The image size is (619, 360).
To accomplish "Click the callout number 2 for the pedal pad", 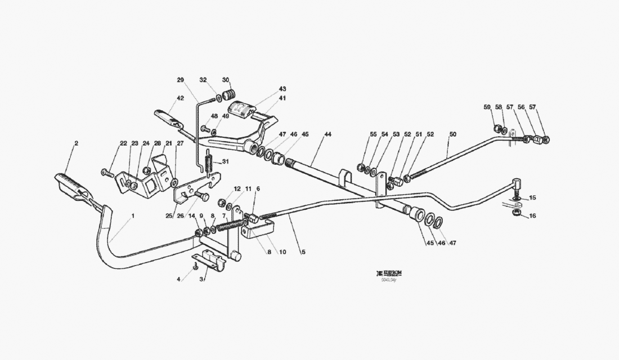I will [x=76, y=143].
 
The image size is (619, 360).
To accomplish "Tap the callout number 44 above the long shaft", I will [x=328, y=135].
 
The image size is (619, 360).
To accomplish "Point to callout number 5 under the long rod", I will [x=303, y=252].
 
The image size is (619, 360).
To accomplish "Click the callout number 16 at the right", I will [x=532, y=216].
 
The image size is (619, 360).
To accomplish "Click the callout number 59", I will [x=487, y=107].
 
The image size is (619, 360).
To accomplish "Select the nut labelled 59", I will [x=497, y=128].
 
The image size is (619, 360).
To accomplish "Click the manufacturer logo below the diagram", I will [x=389, y=273].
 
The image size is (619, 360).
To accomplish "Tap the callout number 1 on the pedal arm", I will [x=133, y=215].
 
